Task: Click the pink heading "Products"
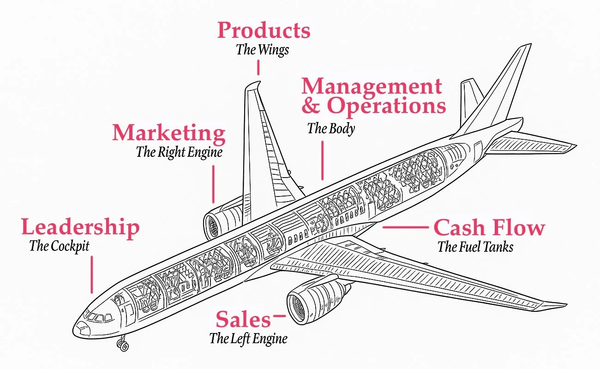[264, 31]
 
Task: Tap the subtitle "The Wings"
[263, 50]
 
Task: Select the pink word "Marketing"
[169, 133]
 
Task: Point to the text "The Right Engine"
[179, 152]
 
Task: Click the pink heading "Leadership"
[80, 227]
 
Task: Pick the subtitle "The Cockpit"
[59, 246]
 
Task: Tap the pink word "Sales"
[243, 319]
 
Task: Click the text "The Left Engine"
[248, 339]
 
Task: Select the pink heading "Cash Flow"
[489, 227]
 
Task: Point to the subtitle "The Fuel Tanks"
[475, 247]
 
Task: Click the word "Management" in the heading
[372, 86]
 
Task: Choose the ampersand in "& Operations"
[311, 106]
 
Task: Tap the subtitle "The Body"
[331, 128]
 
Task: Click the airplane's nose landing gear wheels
[123, 345]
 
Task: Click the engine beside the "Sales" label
[307, 302]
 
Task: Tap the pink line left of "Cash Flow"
[405, 227]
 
